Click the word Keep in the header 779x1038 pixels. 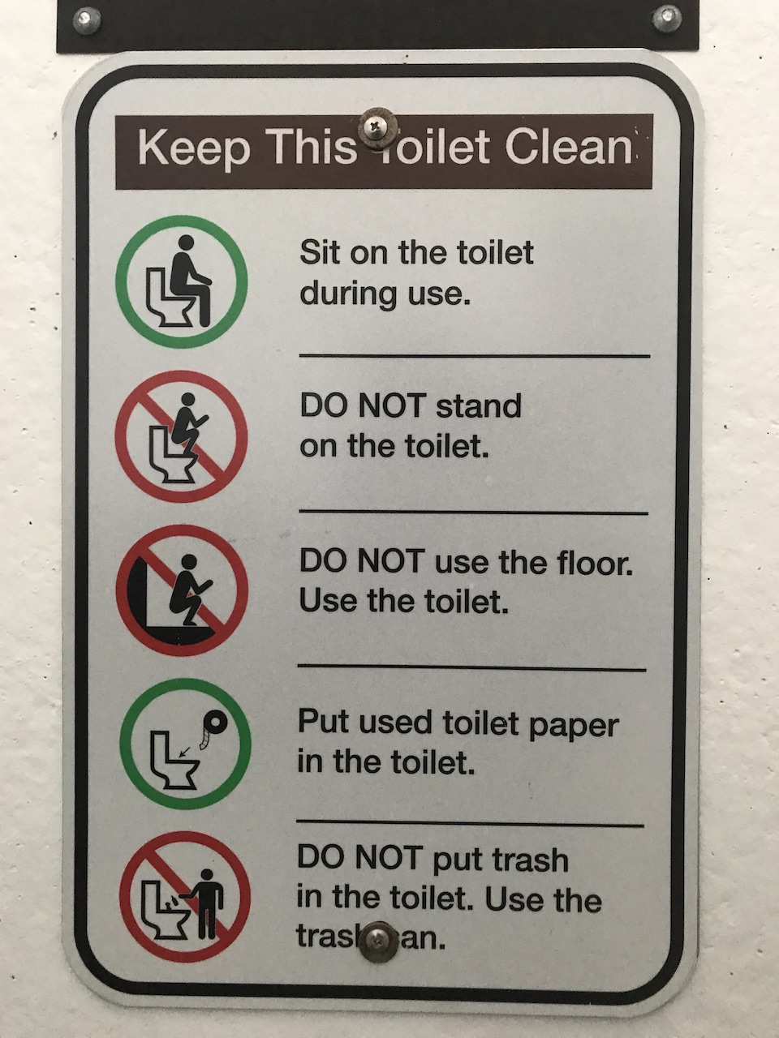pyautogui.click(x=194, y=148)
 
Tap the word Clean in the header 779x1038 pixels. pyautogui.click(x=569, y=147)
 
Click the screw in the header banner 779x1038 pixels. pyautogui.click(x=377, y=127)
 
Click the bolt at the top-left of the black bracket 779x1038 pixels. pyautogui.click(x=88, y=19)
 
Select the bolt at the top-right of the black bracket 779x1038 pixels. pyautogui.click(x=667, y=19)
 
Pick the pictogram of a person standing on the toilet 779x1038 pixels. pyautogui.click(x=182, y=436)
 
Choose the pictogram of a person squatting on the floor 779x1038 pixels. pyautogui.click(x=182, y=590)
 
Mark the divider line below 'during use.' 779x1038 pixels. pyautogui.click(x=475, y=354)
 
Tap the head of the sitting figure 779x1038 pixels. pyautogui.click(x=187, y=243)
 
